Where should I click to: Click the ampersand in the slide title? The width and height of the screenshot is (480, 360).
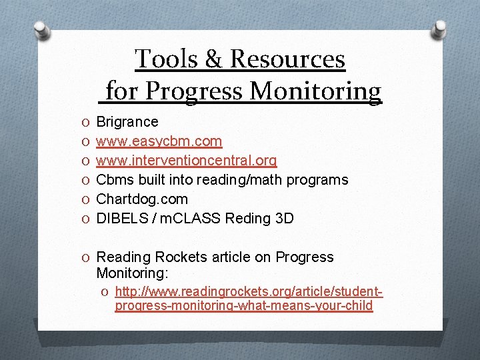[x=214, y=59]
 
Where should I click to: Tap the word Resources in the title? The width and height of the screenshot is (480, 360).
[x=288, y=59]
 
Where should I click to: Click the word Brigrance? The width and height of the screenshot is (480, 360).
[x=127, y=122]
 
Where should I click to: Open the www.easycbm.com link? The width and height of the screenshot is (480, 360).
[x=159, y=141]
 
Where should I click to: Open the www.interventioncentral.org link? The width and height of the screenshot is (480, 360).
[x=187, y=161]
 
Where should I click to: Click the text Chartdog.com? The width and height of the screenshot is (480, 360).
[x=142, y=199]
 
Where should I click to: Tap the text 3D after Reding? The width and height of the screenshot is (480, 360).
[x=283, y=219]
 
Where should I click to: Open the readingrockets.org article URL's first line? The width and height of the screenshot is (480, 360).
[x=249, y=291]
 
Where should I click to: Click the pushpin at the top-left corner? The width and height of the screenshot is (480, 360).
[x=41, y=30]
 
